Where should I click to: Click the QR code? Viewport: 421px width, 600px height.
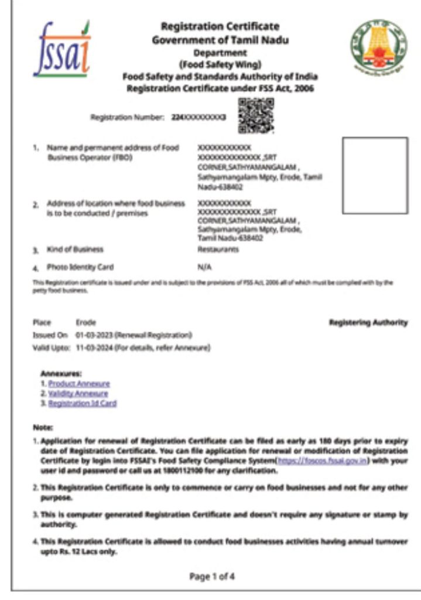point(256,115)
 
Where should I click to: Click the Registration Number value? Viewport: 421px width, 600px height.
point(199,118)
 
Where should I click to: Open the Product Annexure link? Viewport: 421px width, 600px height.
point(79,384)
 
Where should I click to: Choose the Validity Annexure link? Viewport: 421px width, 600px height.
point(78,394)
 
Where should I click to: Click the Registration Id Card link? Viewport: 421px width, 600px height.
point(83,404)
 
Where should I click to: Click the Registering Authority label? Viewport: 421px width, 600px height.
point(368,323)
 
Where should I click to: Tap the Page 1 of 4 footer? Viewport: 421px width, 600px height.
point(212,577)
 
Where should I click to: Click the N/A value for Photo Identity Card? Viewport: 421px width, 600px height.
point(204,267)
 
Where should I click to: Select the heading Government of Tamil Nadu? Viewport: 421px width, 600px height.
point(220,40)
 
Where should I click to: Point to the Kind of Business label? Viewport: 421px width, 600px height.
point(75,250)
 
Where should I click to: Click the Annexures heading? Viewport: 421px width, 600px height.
point(61,373)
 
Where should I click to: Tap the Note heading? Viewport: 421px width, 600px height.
point(43,428)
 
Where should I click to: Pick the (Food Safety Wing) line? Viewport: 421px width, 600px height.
point(220,64)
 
